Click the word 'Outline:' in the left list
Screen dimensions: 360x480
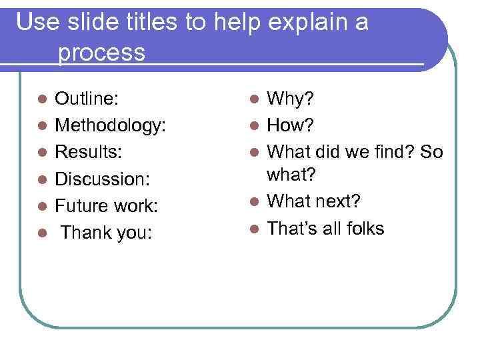coord(87,100)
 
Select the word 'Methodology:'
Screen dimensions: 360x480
coord(111,126)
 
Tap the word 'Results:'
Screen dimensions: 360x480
coord(88,152)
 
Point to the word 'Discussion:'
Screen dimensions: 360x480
coord(103,178)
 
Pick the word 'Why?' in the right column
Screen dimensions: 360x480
coord(291,100)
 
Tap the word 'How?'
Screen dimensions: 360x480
coord(291,126)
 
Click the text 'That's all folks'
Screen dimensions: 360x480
coord(325,229)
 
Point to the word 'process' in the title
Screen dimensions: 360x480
coord(101,53)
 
